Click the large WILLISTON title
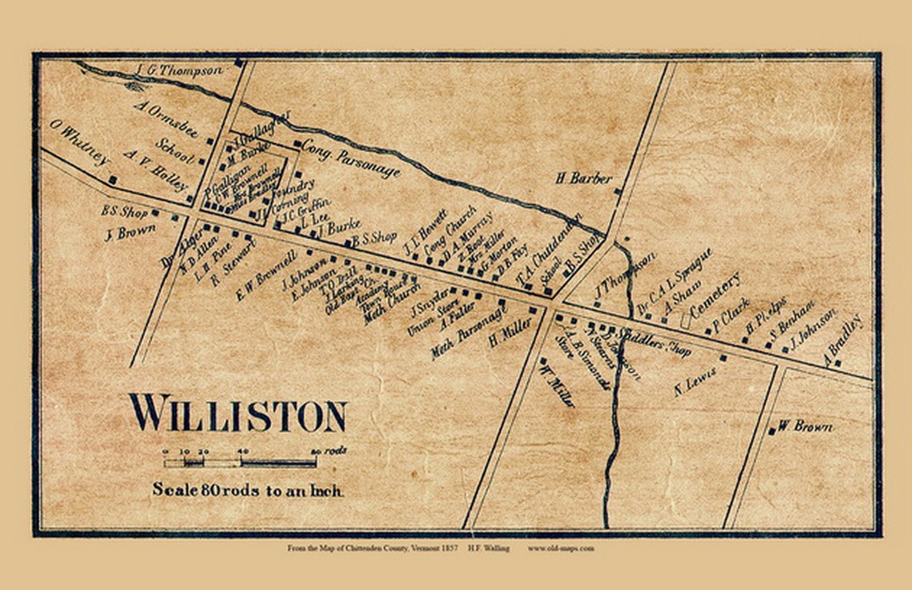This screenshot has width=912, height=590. (237, 414)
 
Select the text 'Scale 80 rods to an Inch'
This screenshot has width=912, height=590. (247, 490)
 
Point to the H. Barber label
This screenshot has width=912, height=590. (583, 178)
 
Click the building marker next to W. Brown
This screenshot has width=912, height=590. (772, 431)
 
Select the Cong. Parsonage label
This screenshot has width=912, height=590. (350, 158)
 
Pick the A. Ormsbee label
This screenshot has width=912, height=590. (166, 119)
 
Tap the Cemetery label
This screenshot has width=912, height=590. (714, 295)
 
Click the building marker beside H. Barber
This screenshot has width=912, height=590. (617, 192)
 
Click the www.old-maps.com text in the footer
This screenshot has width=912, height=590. (561, 548)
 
